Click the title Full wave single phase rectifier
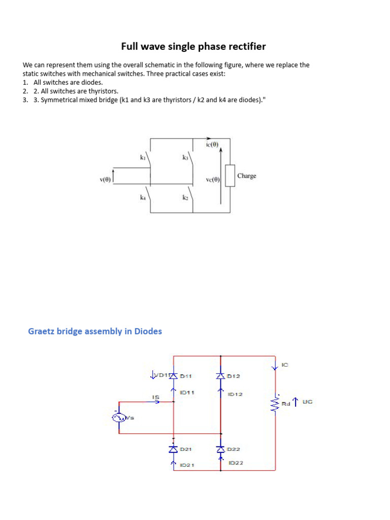[193, 47]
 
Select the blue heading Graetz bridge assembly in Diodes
[94, 331]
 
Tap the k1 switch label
[143, 158]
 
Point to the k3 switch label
[185, 158]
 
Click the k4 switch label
[143, 198]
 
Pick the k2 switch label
[185, 198]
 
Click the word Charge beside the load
[247, 176]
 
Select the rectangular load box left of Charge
[230, 176]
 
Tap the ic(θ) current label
[212, 144]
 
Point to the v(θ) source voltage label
[105, 179]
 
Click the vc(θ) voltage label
[213, 179]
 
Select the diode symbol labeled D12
[220, 376]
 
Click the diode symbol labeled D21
[174, 449]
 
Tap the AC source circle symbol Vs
[119, 417]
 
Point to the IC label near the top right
[284, 365]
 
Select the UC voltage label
[307, 402]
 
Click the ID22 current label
[236, 463]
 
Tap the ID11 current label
[187, 393]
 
